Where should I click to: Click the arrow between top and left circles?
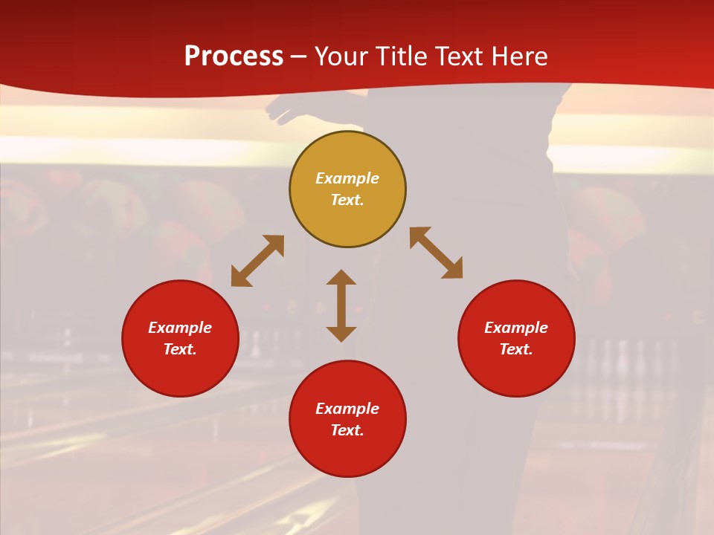[257, 261]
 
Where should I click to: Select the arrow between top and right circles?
[436, 253]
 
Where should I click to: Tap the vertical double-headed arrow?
[341, 305]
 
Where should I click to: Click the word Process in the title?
[234, 56]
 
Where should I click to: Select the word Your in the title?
[340, 56]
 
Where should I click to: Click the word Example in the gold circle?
[347, 178]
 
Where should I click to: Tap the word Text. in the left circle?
[180, 349]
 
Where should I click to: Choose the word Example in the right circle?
[516, 328]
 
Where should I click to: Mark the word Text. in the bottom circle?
[347, 430]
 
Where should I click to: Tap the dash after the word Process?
[299, 56]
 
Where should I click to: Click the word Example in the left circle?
[180, 328]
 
